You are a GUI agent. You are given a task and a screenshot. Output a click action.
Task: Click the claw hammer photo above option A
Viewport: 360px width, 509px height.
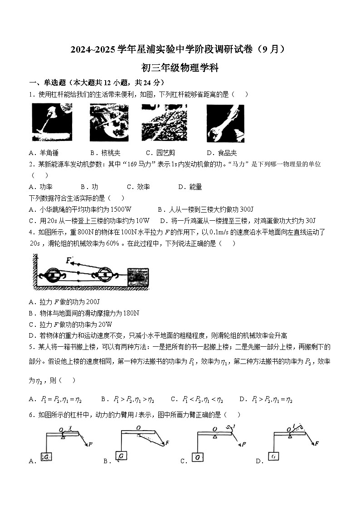[x=52, y=122]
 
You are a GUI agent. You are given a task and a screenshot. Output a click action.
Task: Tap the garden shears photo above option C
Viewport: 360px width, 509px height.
[x=161, y=122]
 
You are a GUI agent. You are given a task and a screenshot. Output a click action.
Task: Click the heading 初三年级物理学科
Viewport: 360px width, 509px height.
[x=180, y=68]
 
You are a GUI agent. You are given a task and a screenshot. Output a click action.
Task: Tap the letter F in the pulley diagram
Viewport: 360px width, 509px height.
[x=68, y=260]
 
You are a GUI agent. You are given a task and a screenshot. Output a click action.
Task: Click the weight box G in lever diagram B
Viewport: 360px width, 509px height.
[x=122, y=455]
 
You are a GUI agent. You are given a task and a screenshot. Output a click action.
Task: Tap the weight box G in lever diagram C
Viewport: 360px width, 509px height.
[x=198, y=457]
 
